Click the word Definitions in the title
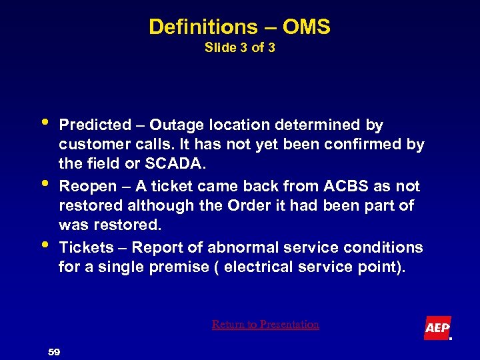click(199, 27)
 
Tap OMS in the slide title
click(306, 27)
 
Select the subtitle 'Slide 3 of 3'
click(239, 48)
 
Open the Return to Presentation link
click(265, 325)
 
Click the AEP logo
click(437, 328)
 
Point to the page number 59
click(54, 351)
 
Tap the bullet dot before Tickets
click(43, 245)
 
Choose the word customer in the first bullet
click(93, 145)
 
